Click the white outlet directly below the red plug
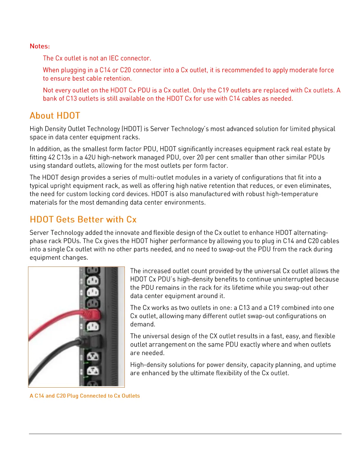pos(93,326)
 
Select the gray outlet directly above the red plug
pos(92,303)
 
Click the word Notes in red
pos(39,46)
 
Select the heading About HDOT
pos(55,116)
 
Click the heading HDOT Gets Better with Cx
pos(83,220)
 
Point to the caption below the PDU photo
pos(85,396)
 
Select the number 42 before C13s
pos(52,157)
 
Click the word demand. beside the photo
pos(139,324)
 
